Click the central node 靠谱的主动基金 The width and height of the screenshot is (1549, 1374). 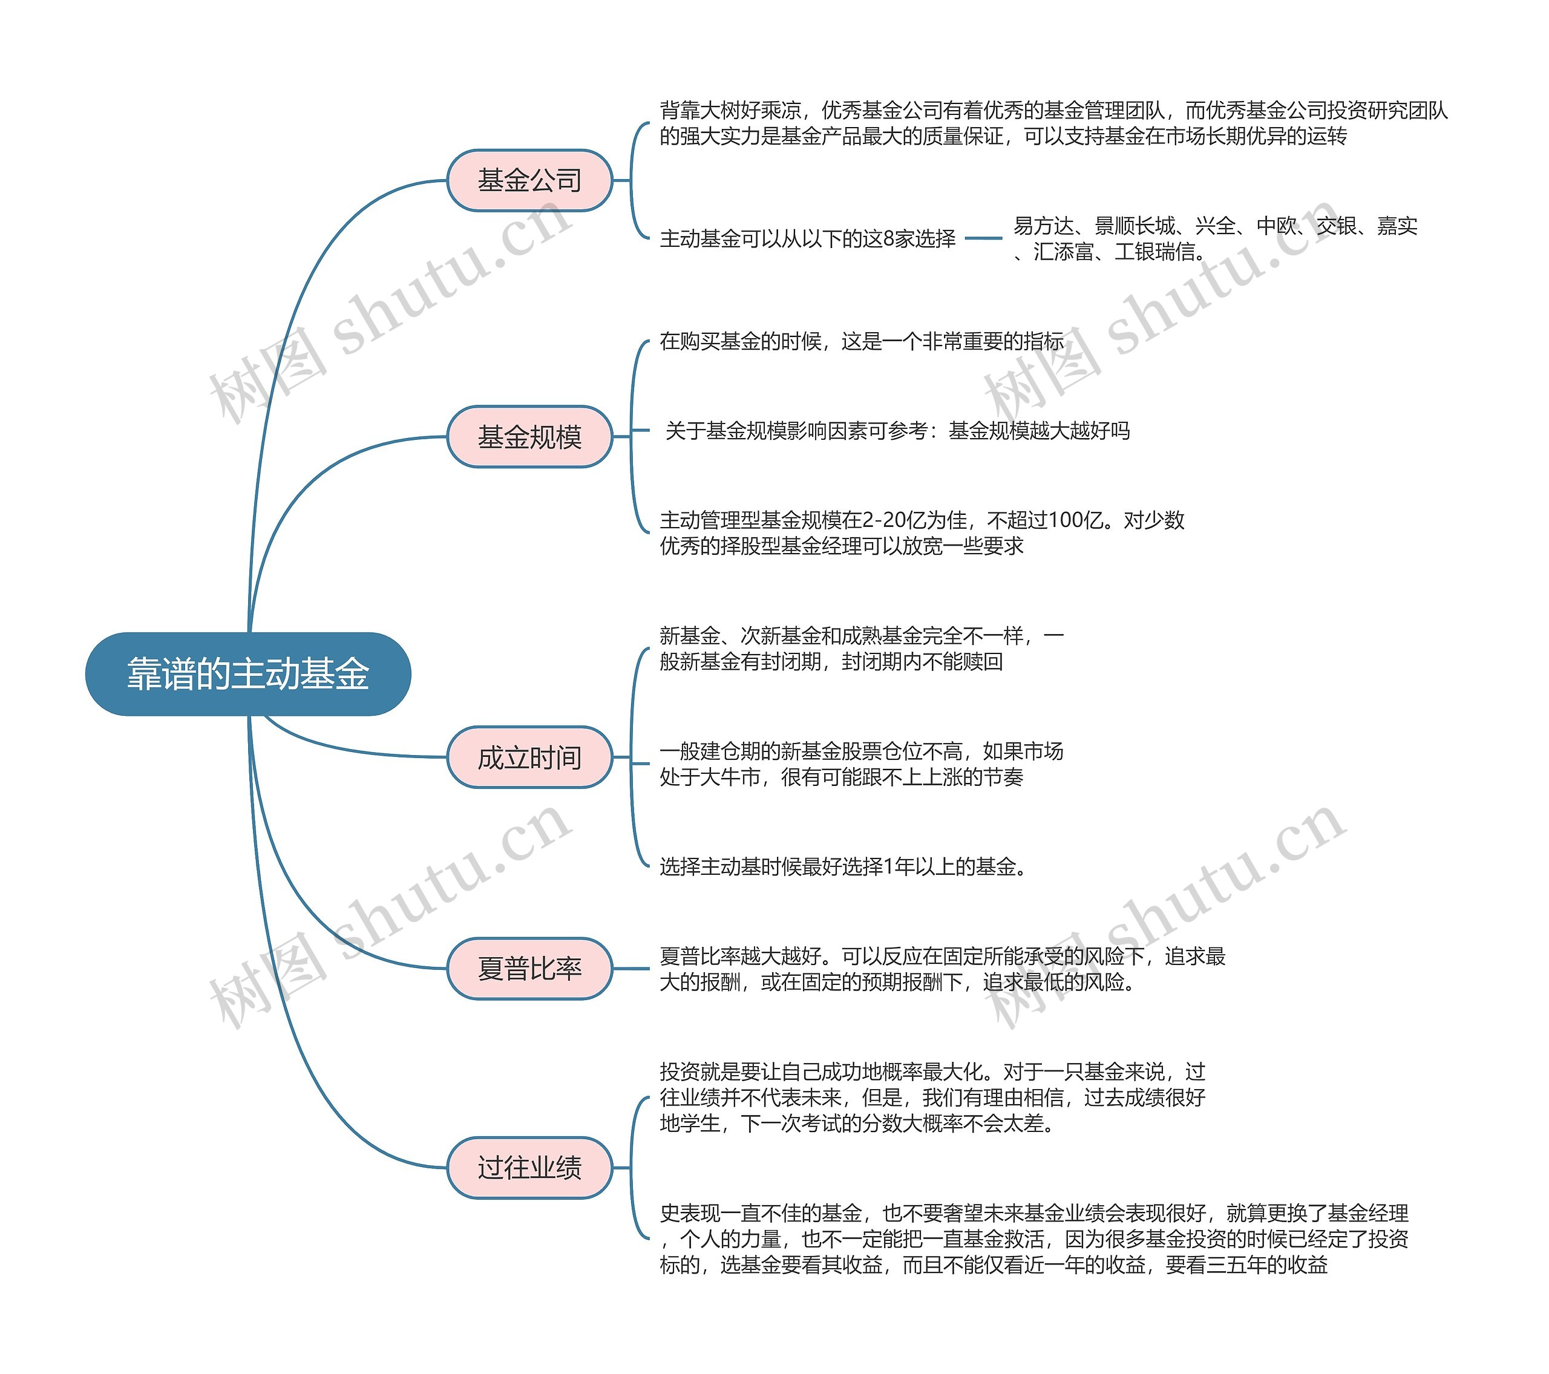coord(248,674)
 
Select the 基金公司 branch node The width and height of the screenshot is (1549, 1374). coord(529,180)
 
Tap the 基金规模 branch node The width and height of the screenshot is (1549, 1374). coord(529,437)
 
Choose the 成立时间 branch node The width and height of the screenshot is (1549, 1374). coord(529,757)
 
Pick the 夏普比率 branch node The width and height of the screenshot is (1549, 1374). coord(529,968)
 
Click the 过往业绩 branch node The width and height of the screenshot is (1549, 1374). coord(529,1167)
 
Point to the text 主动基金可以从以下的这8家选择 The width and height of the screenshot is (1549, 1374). coord(807,239)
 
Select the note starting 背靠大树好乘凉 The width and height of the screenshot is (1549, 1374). coord(1053,123)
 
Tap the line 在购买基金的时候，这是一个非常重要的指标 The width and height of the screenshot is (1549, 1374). coord(861,342)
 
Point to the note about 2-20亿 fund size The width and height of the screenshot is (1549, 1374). coord(921,533)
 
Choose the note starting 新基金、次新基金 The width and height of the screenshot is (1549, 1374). coord(861,649)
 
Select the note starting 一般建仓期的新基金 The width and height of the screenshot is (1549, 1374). coord(861,764)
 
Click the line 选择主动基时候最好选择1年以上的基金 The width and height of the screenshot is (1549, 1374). coord(845,866)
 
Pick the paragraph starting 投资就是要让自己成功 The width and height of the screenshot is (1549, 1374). coord(932,1098)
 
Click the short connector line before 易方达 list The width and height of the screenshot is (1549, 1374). coord(984,239)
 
